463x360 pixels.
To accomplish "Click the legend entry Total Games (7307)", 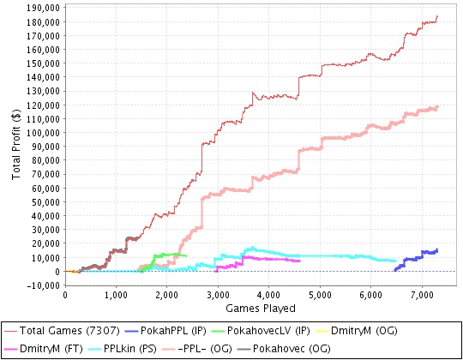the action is point(62,331).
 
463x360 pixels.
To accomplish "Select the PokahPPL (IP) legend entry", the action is point(165,331).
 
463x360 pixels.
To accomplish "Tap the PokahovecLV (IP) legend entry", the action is point(261,331).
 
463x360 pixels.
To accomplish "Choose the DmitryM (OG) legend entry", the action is point(356,331).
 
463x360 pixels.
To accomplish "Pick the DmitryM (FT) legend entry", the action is point(44,349).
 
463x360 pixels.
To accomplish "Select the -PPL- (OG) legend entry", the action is point(197,349).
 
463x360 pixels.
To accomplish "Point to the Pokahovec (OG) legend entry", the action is point(284,349).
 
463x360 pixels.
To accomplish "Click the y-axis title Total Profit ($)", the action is point(16,144).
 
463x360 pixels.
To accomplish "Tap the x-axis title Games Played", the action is point(261,309).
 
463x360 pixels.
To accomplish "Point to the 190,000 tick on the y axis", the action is point(44,8).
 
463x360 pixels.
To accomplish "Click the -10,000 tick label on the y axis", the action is point(44,285).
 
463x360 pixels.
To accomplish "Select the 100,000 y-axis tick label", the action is point(44,133).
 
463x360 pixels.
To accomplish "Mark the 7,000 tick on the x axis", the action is point(422,295).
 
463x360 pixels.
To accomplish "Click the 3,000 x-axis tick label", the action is point(218,295).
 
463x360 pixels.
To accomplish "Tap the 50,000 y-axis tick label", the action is point(45,202).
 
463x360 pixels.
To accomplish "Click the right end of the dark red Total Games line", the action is point(437,16).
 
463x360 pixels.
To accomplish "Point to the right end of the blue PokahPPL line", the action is point(437,250).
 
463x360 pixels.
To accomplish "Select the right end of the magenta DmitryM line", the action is point(300,261).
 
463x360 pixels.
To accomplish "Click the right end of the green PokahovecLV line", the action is point(187,255).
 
